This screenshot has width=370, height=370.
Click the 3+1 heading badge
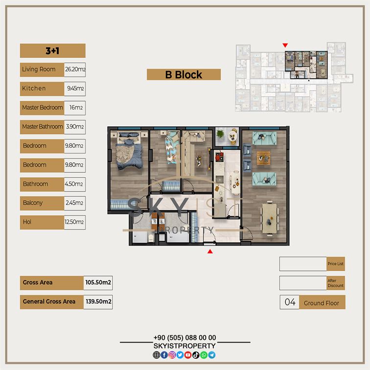pos(53,50)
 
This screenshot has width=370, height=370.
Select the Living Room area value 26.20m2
pos(75,69)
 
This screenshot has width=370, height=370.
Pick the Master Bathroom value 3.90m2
pos(75,127)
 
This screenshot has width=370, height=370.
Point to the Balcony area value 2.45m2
pos(75,203)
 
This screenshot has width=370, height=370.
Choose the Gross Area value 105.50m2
pos(98,283)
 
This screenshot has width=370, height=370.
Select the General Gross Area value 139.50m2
pos(98,302)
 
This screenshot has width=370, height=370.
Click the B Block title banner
pos(184,74)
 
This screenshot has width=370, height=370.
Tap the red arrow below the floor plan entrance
pos(210,252)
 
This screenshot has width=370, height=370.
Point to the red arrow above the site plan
pos(285,45)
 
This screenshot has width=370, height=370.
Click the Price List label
pos(336,264)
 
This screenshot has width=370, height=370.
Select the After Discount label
pos(336,283)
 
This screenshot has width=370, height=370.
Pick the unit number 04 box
pos(290,302)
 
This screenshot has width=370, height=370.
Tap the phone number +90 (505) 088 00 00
pos(185,338)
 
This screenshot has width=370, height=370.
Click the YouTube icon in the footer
pos(188,355)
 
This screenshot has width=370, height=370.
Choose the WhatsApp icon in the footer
pos(204,355)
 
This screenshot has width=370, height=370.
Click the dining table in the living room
pos(269,218)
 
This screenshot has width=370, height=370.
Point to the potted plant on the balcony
pos(220,134)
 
